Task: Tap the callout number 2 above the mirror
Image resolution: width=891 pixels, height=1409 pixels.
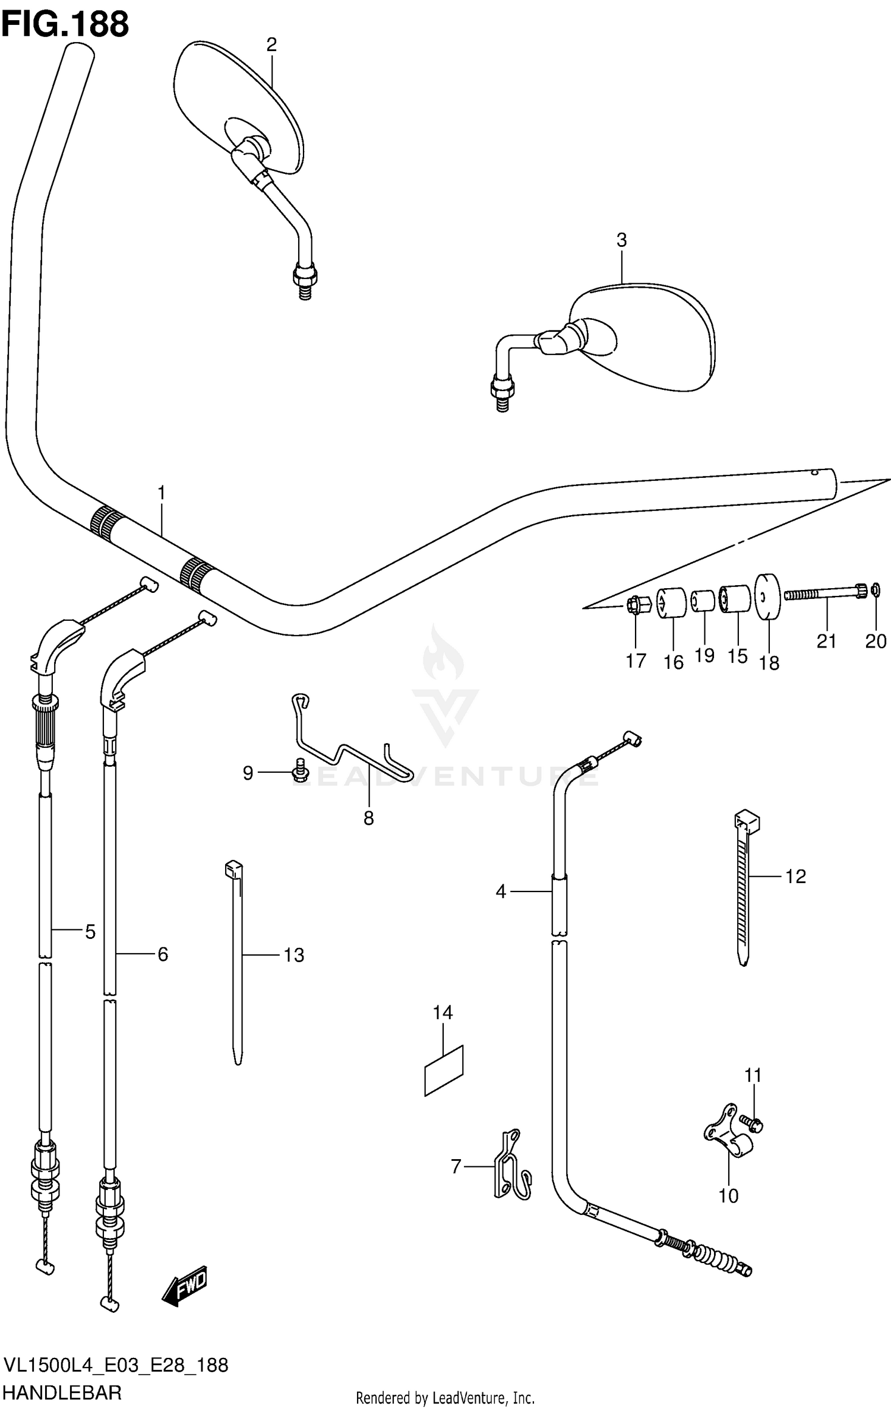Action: (271, 45)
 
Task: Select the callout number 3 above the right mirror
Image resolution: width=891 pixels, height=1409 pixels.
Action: (621, 240)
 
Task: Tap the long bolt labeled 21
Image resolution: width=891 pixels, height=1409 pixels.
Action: (823, 593)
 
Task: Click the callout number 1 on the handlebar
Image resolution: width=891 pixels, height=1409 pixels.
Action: (161, 493)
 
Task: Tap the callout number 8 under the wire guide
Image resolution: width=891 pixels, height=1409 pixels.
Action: (369, 818)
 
